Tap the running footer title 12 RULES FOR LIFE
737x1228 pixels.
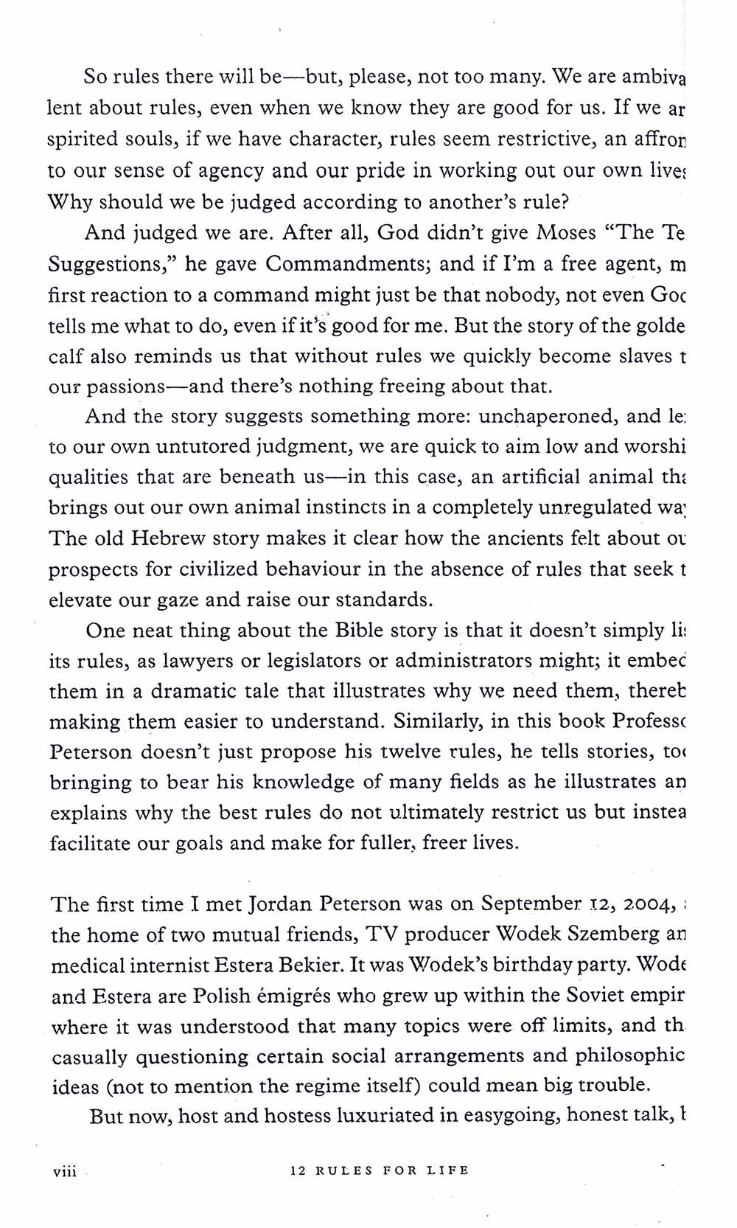point(380,1170)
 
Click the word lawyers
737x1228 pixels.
point(198,661)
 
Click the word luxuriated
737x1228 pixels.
point(386,1116)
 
